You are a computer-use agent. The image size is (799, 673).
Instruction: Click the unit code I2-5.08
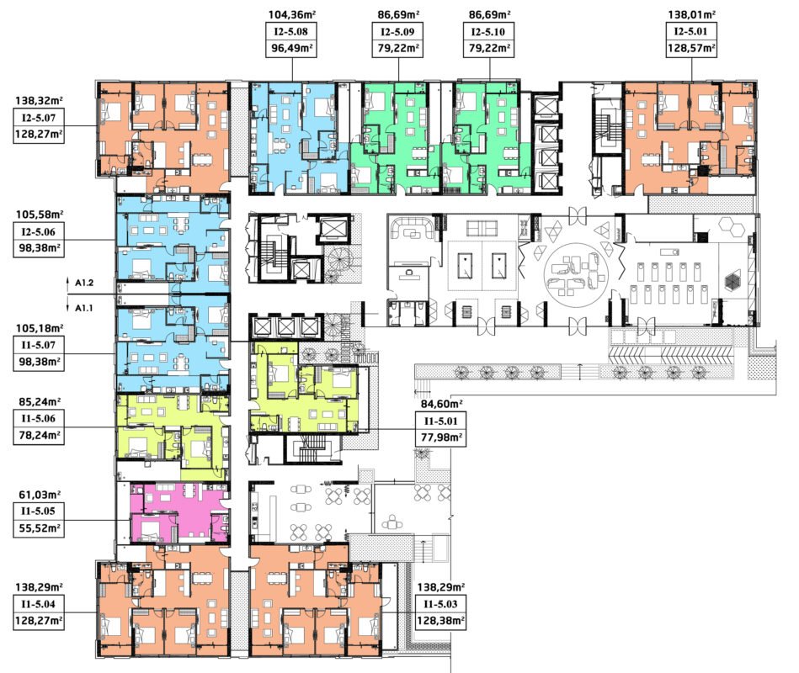(290, 32)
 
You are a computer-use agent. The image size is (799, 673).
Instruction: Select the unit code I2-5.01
(691, 32)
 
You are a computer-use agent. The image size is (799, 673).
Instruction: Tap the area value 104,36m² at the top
(289, 15)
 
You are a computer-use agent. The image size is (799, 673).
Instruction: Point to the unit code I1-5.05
(38, 511)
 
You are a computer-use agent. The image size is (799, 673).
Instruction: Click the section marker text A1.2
(84, 283)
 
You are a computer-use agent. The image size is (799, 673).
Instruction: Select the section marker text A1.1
(84, 308)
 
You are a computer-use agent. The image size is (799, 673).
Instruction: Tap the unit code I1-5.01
(441, 421)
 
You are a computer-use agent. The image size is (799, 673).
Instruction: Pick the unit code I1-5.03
(441, 604)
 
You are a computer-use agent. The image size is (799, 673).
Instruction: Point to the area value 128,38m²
(441, 621)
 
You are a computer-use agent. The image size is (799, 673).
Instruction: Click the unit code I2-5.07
(38, 118)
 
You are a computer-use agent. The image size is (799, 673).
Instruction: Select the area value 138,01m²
(691, 15)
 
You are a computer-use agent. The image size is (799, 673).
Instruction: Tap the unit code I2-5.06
(38, 232)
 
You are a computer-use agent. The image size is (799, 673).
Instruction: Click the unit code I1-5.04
(38, 604)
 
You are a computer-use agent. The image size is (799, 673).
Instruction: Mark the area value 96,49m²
(291, 48)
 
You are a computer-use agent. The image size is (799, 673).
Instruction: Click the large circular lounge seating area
(577, 275)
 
